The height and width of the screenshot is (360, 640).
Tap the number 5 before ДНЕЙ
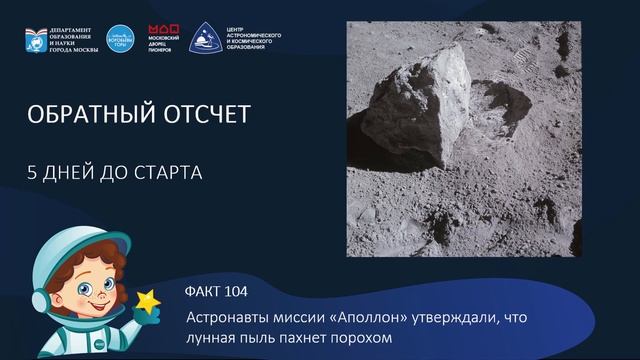tap(33, 172)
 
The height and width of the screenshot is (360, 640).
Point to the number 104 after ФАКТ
tap(230, 292)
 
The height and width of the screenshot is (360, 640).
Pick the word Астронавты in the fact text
tap(225, 317)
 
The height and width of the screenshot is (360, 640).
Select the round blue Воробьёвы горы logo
tap(121, 37)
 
